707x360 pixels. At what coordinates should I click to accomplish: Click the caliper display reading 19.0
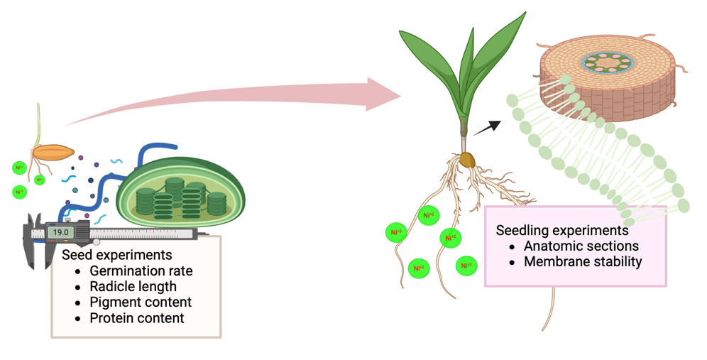[x=62, y=232]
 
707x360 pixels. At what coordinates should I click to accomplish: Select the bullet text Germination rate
[x=141, y=271]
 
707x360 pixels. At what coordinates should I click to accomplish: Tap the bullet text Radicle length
[x=133, y=286]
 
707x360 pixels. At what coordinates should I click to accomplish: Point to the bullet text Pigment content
[x=141, y=302]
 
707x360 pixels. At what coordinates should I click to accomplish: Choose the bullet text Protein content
[x=136, y=318]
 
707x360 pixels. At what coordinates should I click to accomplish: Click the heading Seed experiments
[x=116, y=254]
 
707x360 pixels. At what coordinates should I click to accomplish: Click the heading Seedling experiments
[x=562, y=230]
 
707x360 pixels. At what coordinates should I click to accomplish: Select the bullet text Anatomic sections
[x=581, y=246]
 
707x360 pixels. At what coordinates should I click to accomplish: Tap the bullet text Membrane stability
[x=583, y=261]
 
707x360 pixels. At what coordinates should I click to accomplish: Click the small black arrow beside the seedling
[x=486, y=127]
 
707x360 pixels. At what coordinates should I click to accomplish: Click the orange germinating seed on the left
[x=54, y=152]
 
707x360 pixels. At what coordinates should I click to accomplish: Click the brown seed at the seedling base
[x=466, y=160]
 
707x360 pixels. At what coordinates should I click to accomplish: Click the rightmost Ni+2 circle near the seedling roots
[x=466, y=266]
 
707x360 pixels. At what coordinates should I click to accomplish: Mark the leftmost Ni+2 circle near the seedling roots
[x=395, y=231]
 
